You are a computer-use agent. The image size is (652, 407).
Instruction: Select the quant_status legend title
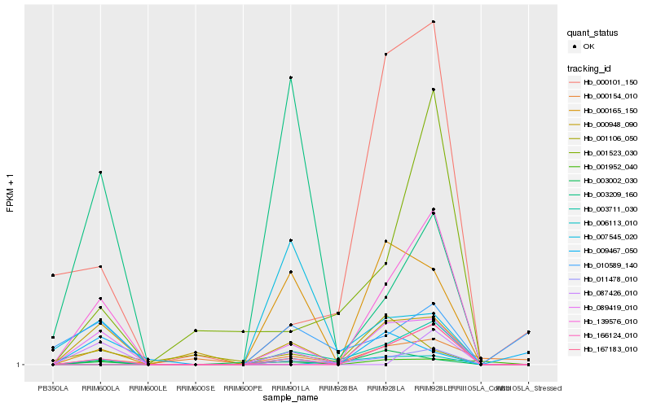[593, 33]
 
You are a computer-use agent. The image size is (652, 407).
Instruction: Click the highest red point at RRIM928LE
[434, 22]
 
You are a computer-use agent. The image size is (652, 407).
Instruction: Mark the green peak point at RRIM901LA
[290, 77]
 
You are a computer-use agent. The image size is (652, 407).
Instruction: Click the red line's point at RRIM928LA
[385, 55]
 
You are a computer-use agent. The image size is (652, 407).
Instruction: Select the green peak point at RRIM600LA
[100, 173]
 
